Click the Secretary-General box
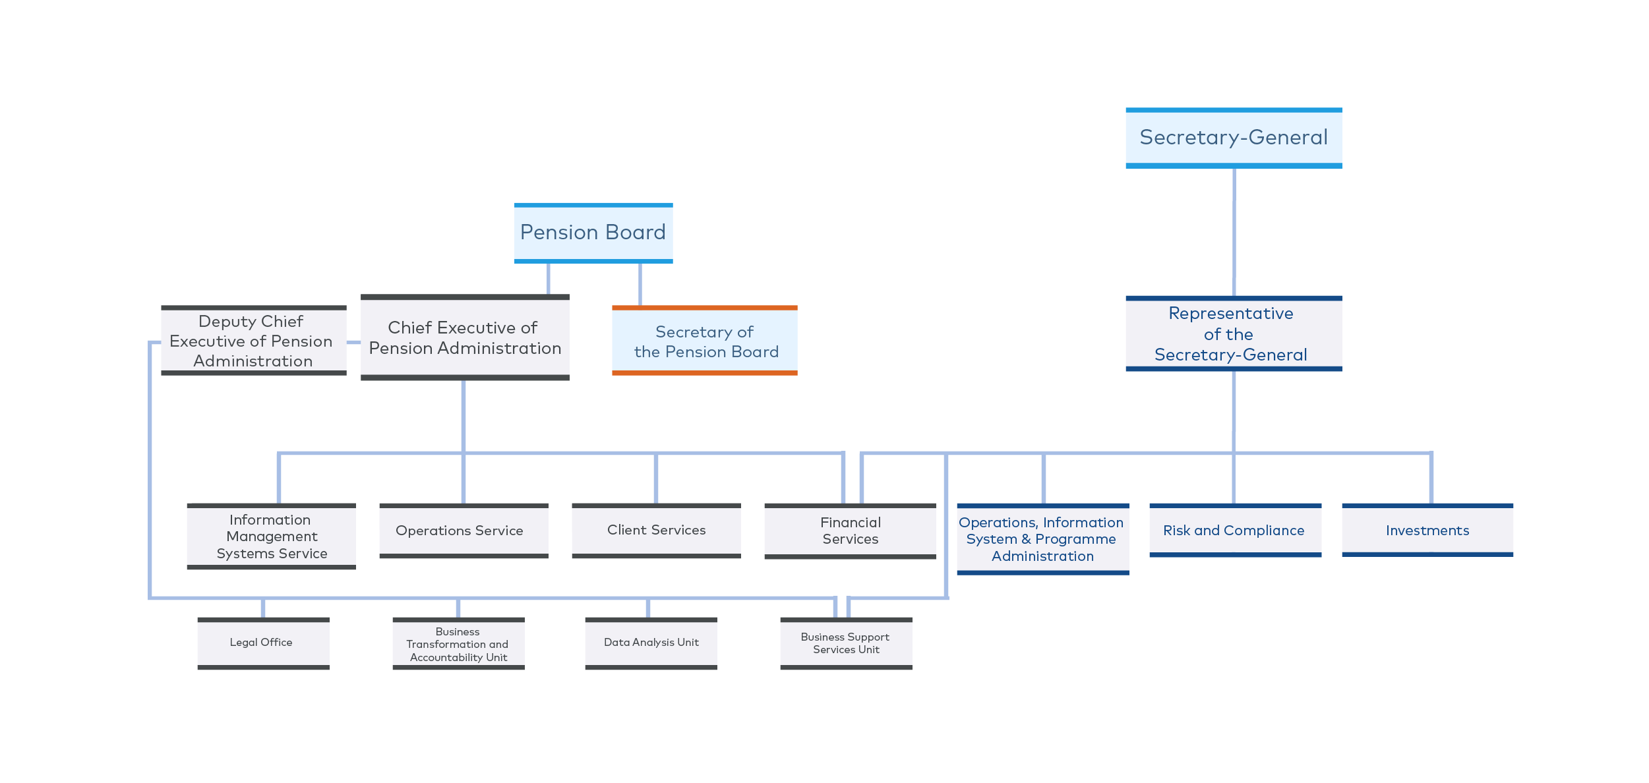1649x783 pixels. [1234, 138]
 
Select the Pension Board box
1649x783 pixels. [593, 233]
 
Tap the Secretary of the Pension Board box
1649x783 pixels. [705, 341]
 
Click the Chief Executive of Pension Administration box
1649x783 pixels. [465, 337]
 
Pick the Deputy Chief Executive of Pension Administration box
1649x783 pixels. [254, 341]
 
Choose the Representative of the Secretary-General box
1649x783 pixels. [1234, 333]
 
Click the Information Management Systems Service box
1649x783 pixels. [272, 536]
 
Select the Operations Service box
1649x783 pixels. [464, 531]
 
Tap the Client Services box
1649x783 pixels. [657, 531]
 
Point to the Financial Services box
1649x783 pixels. [851, 531]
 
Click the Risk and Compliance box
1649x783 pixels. [1236, 531]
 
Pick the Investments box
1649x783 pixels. [1427, 531]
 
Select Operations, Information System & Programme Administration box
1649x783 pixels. [1043, 539]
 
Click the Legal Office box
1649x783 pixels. [264, 643]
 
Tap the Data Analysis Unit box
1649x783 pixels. [651, 643]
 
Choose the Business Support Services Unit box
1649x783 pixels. [847, 643]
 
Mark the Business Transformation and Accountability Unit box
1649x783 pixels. [459, 643]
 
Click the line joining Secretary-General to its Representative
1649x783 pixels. [1234, 232]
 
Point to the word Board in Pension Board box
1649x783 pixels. [636, 232]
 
